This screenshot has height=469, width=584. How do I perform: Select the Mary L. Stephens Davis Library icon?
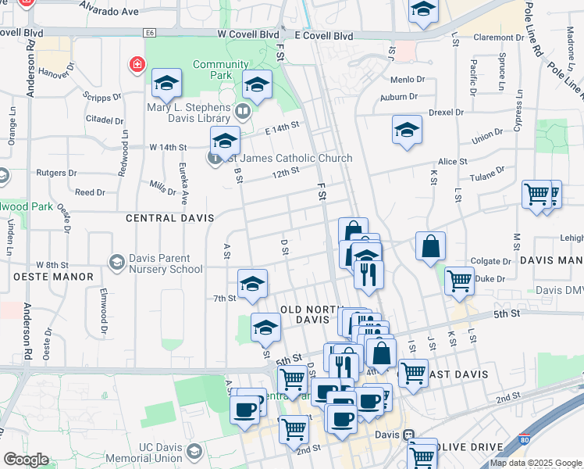[x=242, y=111]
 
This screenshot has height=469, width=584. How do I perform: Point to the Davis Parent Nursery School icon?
[x=117, y=260]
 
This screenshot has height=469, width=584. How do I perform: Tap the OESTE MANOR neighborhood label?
[x=53, y=277]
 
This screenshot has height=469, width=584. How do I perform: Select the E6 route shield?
[x=150, y=32]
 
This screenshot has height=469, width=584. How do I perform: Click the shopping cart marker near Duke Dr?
[x=459, y=280]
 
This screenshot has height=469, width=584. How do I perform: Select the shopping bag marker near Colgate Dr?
[x=430, y=247]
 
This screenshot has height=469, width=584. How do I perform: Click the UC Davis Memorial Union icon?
[x=194, y=451]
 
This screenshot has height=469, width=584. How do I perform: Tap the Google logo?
[x=26, y=460]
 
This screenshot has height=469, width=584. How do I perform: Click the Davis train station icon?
[x=408, y=435]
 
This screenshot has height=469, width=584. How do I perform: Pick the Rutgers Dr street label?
[x=55, y=173]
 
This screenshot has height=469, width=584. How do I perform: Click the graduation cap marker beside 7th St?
[x=252, y=285]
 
